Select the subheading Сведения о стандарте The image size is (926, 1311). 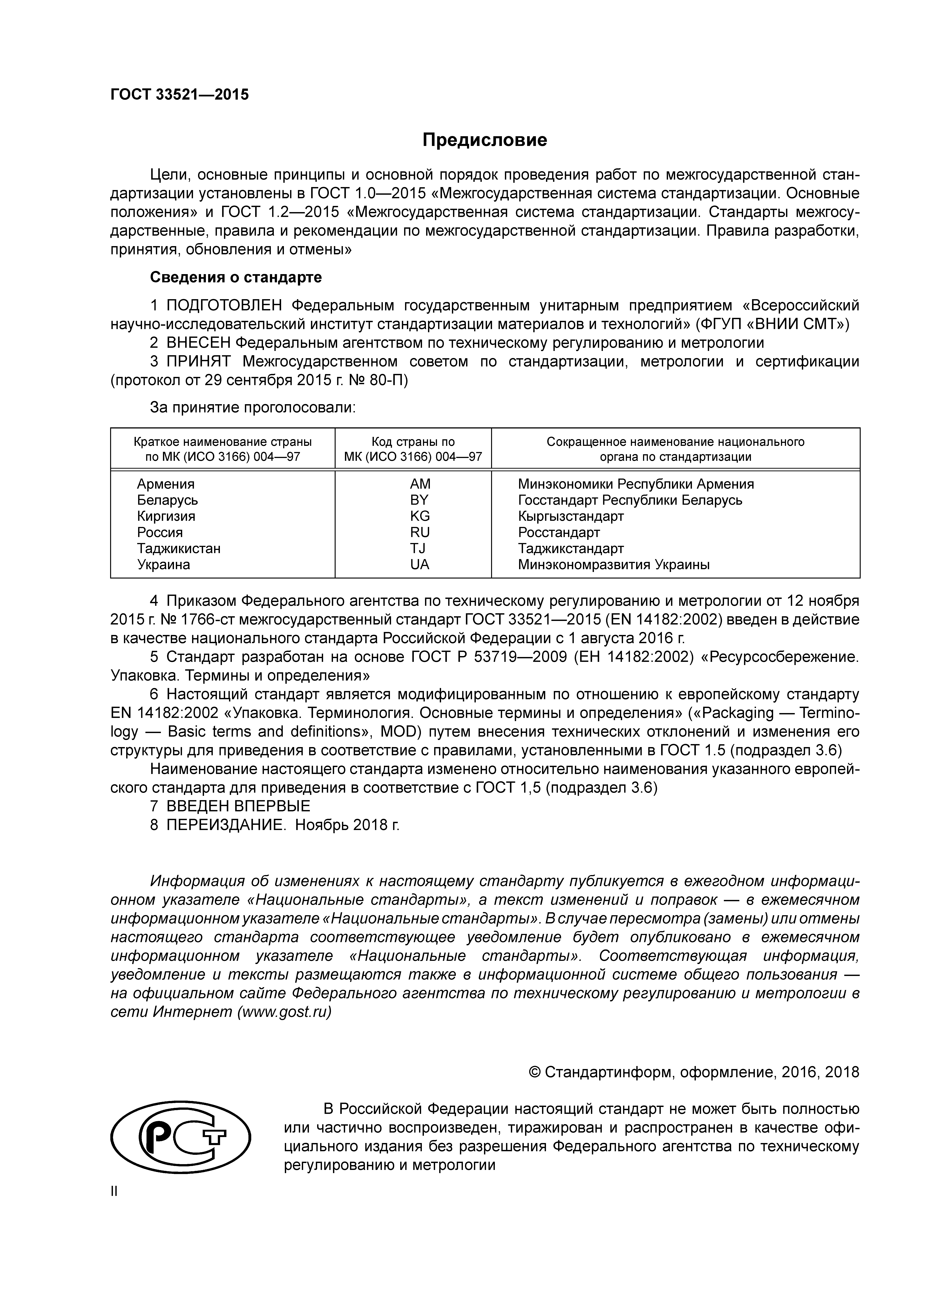[x=236, y=277]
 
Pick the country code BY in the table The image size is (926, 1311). [x=419, y=500]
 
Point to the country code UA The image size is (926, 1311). [x=419, y=565]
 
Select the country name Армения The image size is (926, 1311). [x=165, y=484]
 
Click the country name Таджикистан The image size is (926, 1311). [x=179, y=549]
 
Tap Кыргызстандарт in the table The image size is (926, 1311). [x=571, y=516]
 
